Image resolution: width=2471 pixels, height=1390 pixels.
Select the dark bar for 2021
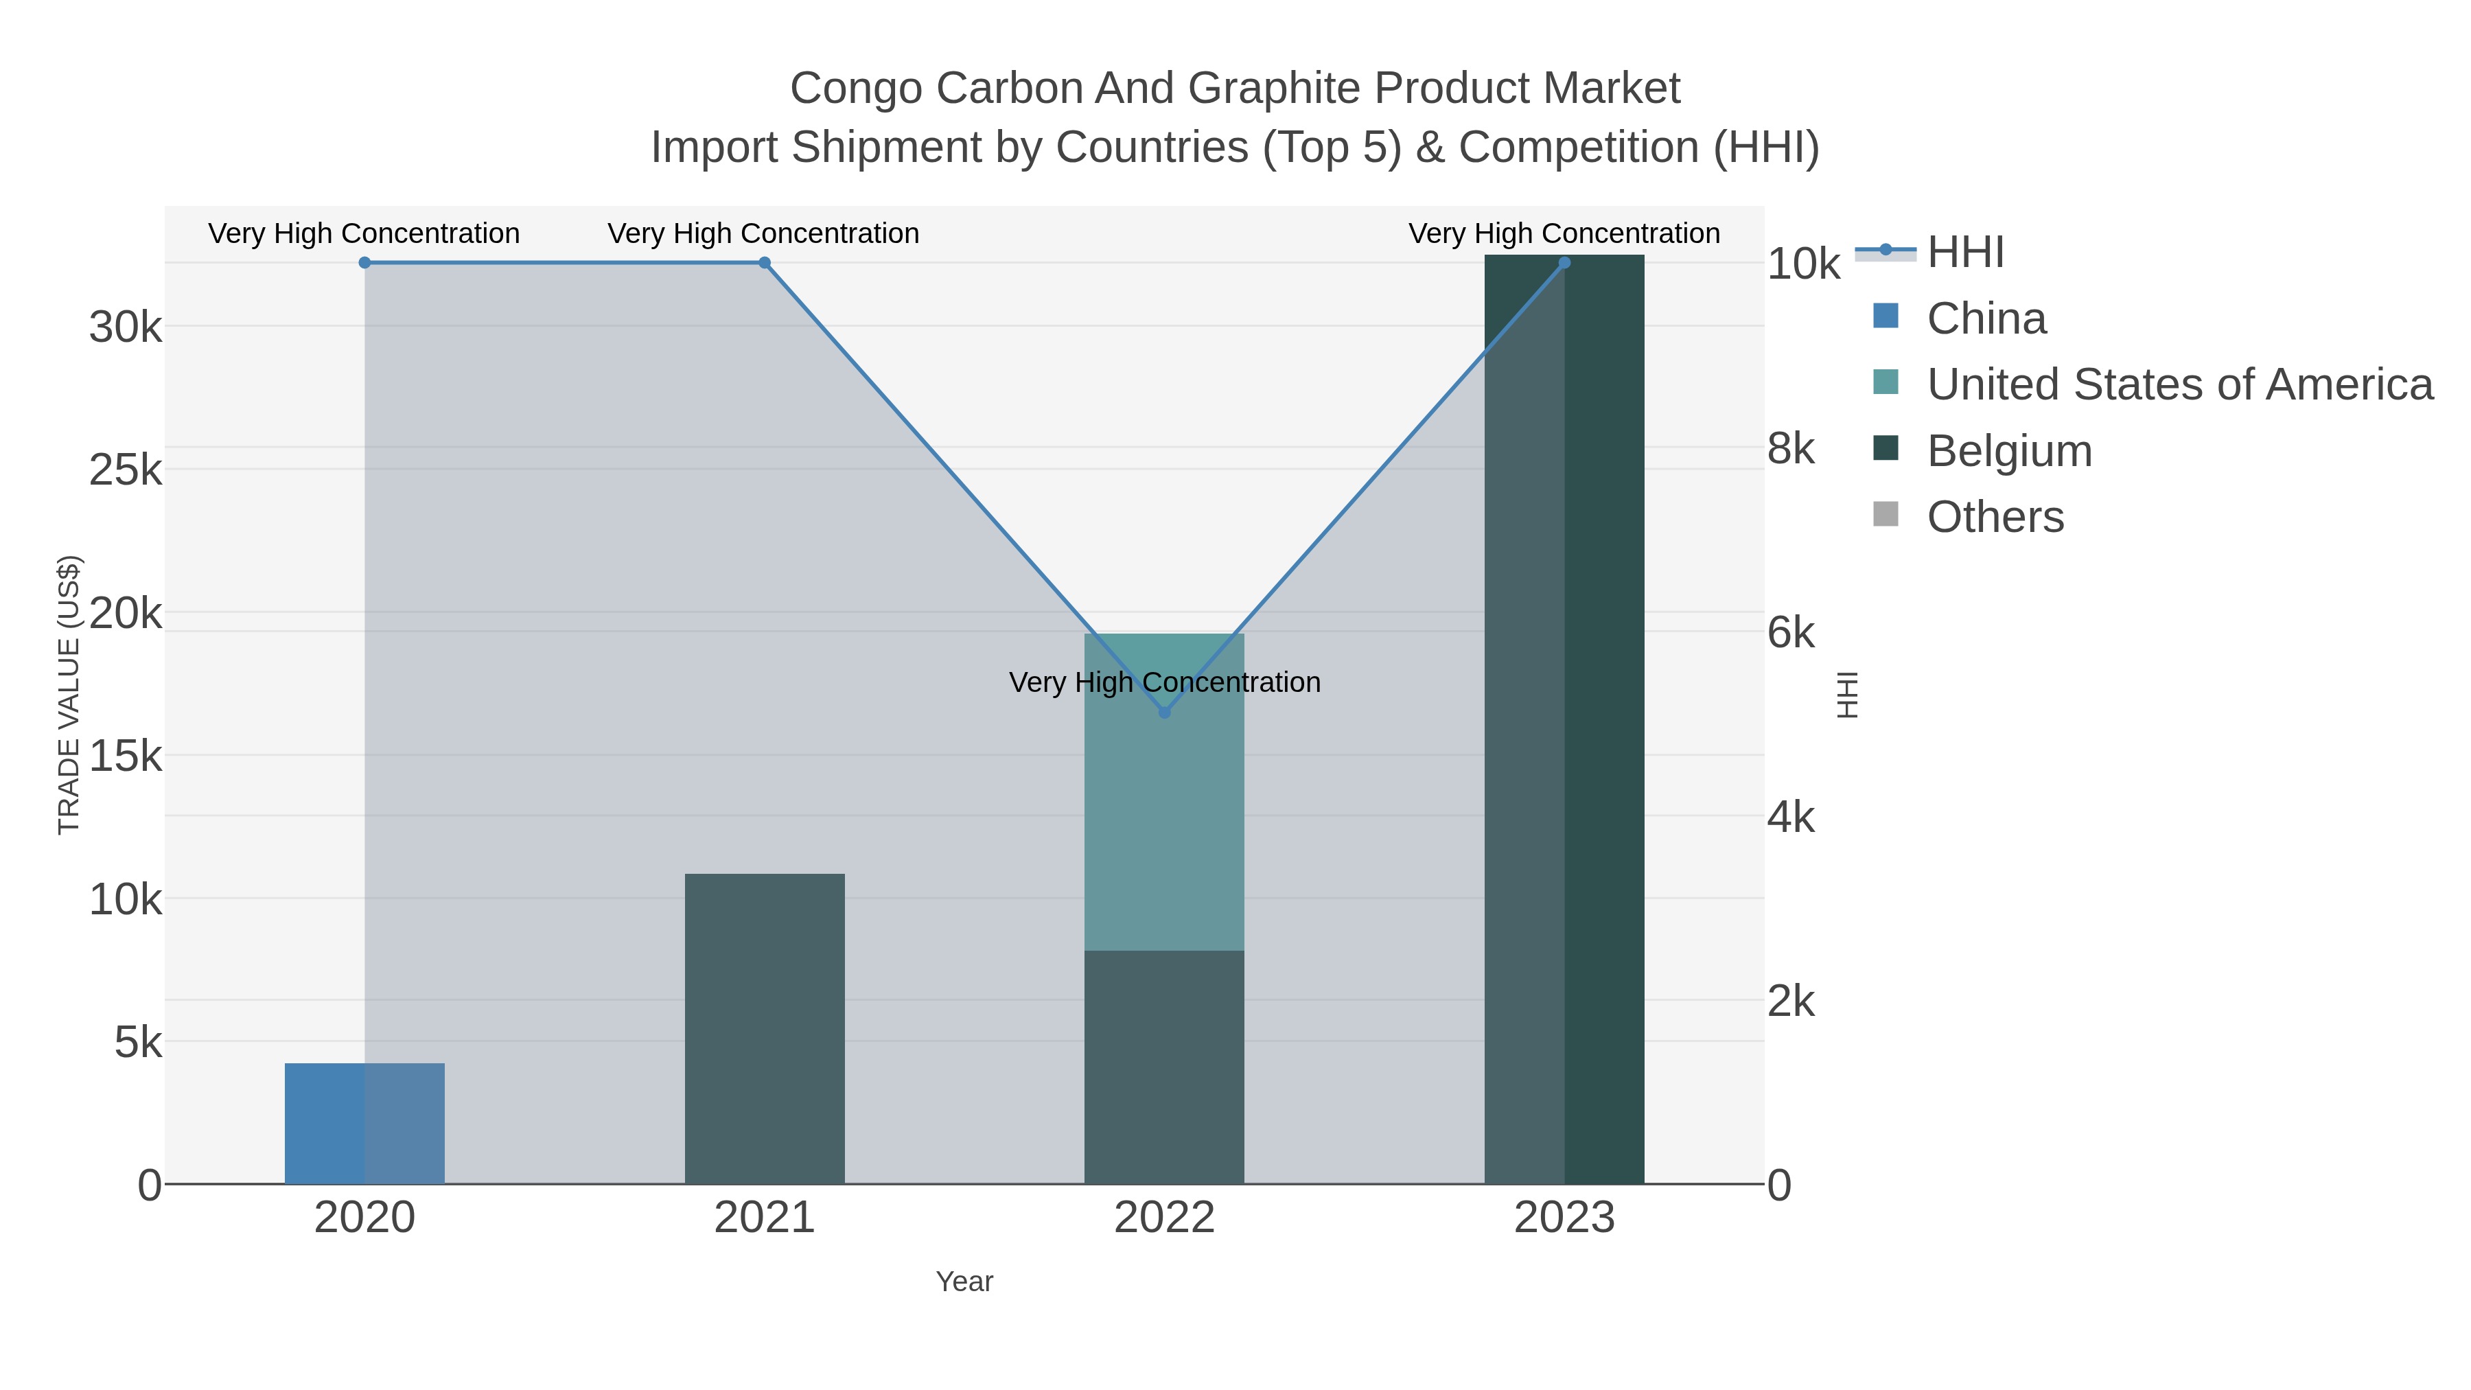point(765,1028)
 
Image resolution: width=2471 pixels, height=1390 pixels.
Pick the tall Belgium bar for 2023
point(1564,719)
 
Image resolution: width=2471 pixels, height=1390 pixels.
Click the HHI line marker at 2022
point(1165,712)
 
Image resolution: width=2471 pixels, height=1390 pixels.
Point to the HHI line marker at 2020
point(364,263)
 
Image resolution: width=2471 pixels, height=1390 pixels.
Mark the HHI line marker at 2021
point(765,263)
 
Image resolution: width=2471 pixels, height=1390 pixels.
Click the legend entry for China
point(1986,318)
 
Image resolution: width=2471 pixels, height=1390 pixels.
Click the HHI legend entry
point(1964,253)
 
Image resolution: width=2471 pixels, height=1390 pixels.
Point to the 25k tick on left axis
point(126,470)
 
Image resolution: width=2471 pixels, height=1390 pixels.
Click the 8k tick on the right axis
point(1791,449)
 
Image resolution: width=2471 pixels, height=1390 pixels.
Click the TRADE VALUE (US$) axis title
point(69,695)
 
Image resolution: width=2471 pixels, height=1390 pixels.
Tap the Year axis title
point(964,1282)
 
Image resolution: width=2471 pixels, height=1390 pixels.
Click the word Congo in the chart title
point(856,89)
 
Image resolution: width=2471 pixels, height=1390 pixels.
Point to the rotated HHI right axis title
point(1846,695)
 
